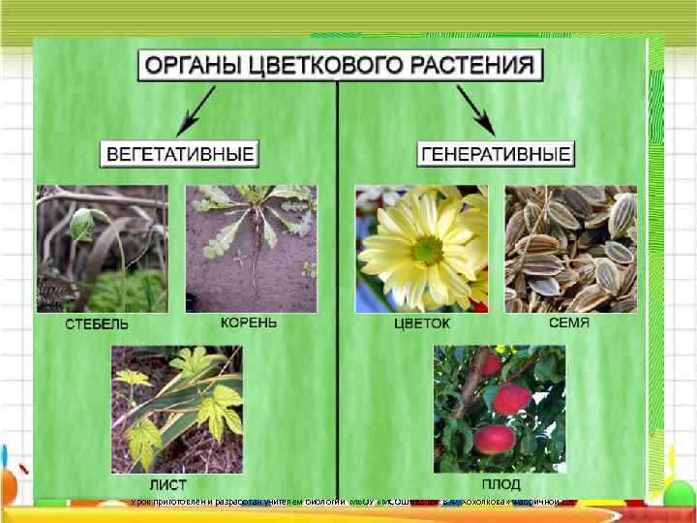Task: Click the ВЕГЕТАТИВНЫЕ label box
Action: point(180,153)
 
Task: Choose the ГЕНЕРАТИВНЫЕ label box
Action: point(497,153)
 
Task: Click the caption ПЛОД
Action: point(500,483)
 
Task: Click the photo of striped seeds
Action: point(571,248)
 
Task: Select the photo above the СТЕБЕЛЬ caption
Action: point(102,248)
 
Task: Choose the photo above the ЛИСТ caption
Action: point(176,408)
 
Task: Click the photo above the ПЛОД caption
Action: point(499,408)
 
